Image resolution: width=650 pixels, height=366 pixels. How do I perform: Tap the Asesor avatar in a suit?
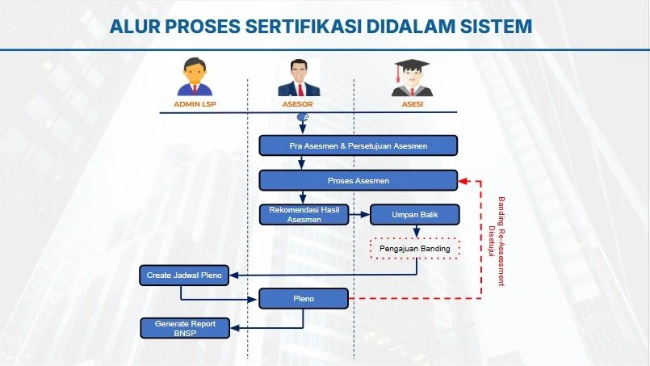pos(299,78)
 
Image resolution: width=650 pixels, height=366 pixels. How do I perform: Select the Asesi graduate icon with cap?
pos(407,78)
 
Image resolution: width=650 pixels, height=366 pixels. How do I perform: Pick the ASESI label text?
pos(407,104)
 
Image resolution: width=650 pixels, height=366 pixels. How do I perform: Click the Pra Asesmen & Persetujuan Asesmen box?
pos(359,145)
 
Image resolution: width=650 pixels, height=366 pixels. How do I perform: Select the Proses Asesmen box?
pos(359,181)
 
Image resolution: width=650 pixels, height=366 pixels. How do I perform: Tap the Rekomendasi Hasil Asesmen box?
pos(304,215)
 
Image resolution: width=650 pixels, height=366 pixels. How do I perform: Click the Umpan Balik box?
pos(414,215)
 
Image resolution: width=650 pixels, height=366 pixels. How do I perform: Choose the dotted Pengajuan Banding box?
pos(414,249)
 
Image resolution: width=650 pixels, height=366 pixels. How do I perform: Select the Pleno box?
pos(304,300)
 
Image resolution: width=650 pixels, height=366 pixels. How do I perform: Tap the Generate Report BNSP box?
pos(185,327)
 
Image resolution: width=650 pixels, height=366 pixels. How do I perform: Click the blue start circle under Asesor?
pos(302,118)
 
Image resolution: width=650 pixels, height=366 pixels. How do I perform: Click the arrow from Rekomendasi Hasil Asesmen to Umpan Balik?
pos(359,215)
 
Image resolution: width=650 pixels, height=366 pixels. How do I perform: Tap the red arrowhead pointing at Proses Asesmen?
pos(463,181)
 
